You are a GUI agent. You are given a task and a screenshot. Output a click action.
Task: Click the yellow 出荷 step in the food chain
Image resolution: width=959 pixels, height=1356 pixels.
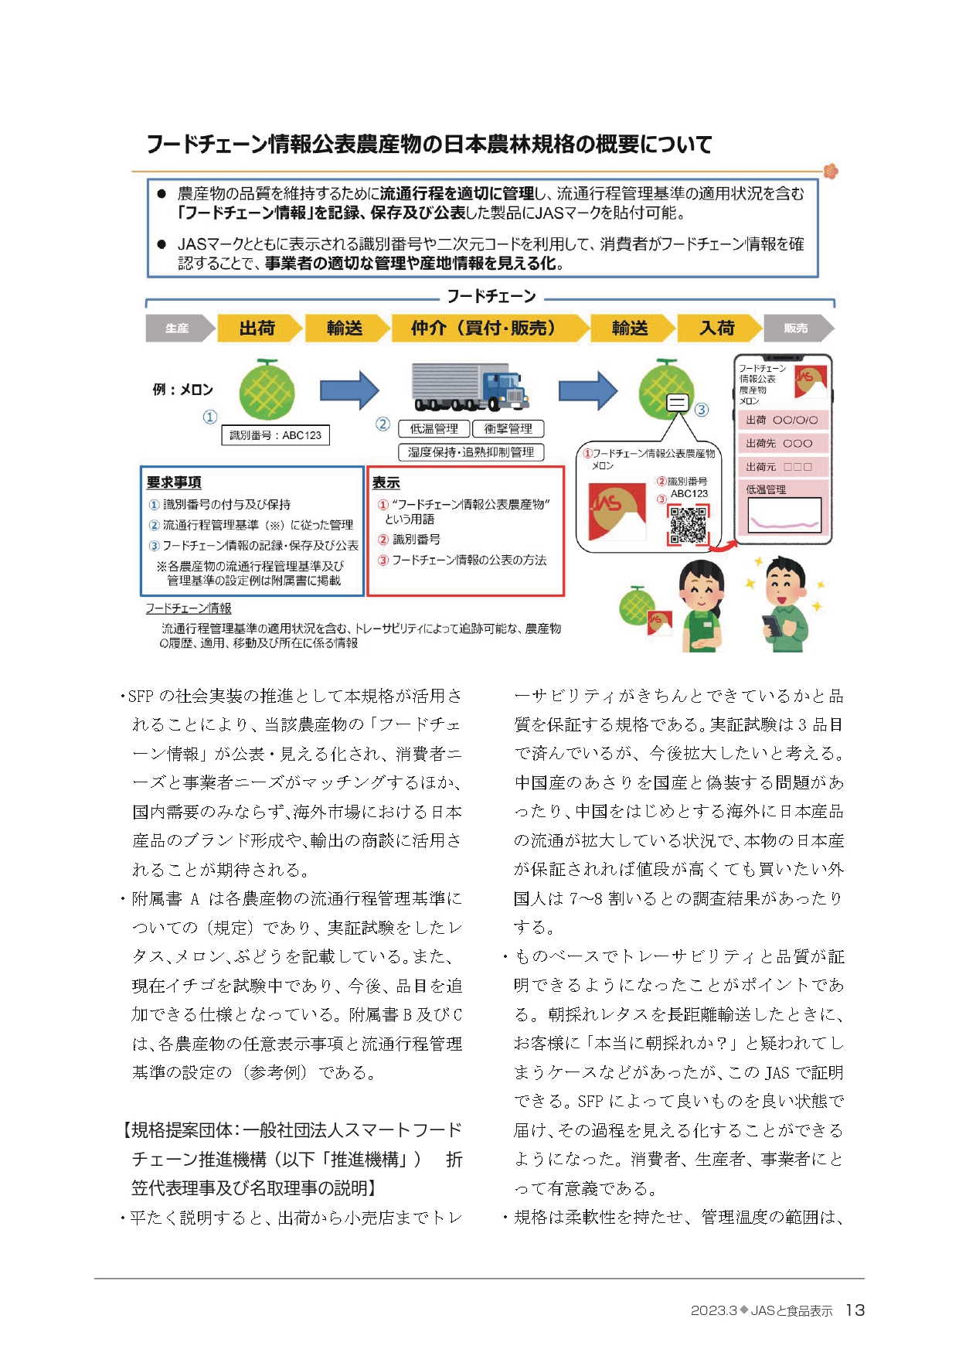pyautogui.click(x=257, y=329)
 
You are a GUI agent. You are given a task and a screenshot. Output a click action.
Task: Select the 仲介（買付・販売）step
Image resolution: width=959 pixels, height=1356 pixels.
pyautogui.click(x=484, y=329)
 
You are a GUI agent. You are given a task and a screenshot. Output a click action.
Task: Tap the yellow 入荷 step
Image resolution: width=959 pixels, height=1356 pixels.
pyautogui.click(x=716, y=329)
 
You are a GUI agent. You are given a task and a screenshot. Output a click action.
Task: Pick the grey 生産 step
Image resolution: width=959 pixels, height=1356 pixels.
pyautogui.click(x=178, y=329)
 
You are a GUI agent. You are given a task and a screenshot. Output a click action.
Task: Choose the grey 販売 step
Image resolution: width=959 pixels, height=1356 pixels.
pyautogui.click(x=796, y=329)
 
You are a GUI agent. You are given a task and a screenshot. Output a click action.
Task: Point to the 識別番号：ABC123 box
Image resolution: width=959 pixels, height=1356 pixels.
pyautogui.click(x=275, y=435)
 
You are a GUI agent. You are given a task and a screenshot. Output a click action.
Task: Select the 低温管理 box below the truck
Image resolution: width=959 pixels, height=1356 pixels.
pyautogui.click(x=434, y=429)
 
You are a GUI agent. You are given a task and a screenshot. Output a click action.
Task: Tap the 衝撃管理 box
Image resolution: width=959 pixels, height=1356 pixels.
pyautogui.click(x=508, y=429)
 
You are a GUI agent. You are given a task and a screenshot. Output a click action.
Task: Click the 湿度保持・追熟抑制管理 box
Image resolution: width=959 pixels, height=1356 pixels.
pyautogui.click(x=471, y=452)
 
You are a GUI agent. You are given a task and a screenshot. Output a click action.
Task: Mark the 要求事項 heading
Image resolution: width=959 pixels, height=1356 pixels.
pyautogui.click(x=174, y=482)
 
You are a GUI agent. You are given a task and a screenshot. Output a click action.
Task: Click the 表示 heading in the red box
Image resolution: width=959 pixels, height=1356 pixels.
pyautogui.click(x=386, y=483)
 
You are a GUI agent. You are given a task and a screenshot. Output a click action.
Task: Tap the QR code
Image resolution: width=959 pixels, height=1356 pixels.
pyautogui.click(x=688, y=525)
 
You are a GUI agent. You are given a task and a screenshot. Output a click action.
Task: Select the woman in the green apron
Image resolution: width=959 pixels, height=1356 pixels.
pyautogui.click(x=702, y=608)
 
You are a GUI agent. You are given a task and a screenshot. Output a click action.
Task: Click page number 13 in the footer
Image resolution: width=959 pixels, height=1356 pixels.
pyautogui.click(x=855, y=1310)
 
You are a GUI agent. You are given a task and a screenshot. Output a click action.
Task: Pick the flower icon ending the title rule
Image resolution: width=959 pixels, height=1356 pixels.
pyautogui.click(x=831, y=171)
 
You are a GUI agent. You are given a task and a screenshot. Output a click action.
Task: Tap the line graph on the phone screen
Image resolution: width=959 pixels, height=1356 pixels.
pyautogui.click(x=784, y=515)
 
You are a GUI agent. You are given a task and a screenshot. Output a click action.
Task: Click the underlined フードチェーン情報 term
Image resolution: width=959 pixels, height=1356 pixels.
pyautogui.click(x=189, y=608)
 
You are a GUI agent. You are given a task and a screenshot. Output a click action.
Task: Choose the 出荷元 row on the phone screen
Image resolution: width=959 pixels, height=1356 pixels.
pyautogui.click(x=782, y=467)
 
